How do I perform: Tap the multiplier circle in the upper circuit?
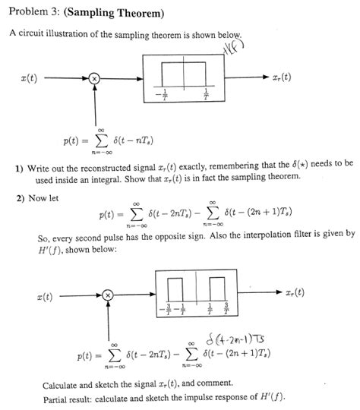coord(94,78)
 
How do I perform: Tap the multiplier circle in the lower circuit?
coord(107,295)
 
